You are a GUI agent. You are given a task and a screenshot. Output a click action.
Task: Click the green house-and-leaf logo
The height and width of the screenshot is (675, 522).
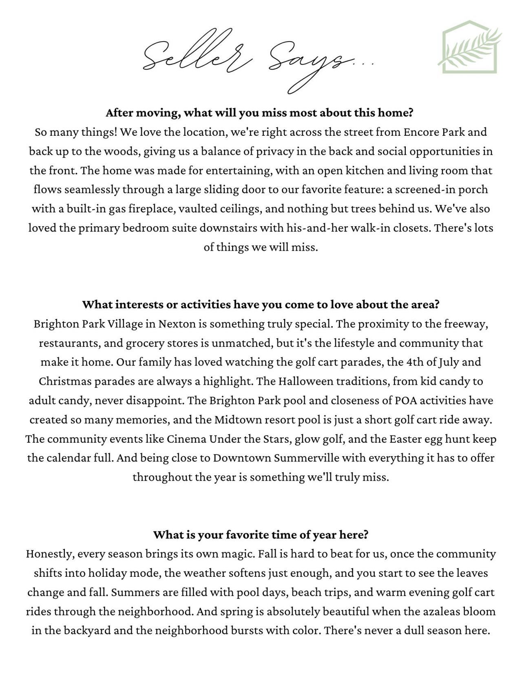pyautogui.click(x=470, y=47)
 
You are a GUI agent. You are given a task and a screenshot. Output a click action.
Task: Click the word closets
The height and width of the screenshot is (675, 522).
pyautogui.click(x=412, y=228)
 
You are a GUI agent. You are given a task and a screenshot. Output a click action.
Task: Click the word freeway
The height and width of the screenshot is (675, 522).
pyautogui.click(x=465, y=324)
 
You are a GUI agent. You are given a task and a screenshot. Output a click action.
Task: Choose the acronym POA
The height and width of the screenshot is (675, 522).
pyautogui.click(x=406, y=401)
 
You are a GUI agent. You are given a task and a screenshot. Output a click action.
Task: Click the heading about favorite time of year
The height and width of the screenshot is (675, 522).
pyautogui.click(x=261, y=534)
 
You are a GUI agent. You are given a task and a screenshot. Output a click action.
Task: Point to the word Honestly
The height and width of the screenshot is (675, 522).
pyautogui.click(x=49, y=554)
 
